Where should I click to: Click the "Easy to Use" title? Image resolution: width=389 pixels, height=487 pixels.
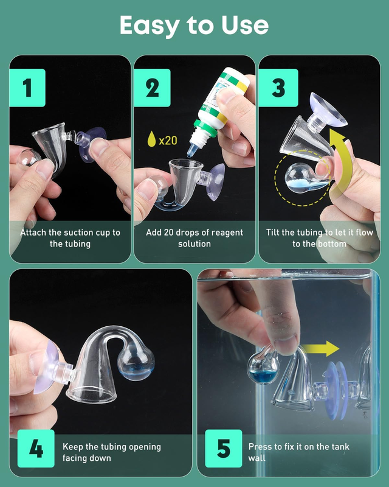pos(194,26)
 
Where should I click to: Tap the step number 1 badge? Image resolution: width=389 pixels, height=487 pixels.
pos(27,88)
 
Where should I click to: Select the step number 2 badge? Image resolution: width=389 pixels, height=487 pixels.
pos(153,88)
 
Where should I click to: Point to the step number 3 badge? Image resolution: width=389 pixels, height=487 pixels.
pos(278,88)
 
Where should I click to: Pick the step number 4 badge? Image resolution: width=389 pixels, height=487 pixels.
pos(36,449)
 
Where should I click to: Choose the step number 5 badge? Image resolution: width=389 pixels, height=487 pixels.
pos(224,449)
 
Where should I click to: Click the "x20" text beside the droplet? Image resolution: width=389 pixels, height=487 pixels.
pos(168,141)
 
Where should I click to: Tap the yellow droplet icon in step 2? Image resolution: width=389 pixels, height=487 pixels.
pos(151,139)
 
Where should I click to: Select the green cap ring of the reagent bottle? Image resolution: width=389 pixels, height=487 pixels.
pos(205,128)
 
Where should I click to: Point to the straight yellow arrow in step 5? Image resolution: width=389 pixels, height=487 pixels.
pos(320,348)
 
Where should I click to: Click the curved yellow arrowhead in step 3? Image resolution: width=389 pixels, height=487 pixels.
pos(337,138)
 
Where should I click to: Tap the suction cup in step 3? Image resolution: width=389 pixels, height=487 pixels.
pos(328,110)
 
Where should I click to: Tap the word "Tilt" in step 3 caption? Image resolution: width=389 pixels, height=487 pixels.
pos(273,233)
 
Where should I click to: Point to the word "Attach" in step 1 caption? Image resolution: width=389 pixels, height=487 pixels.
pos(33,233)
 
